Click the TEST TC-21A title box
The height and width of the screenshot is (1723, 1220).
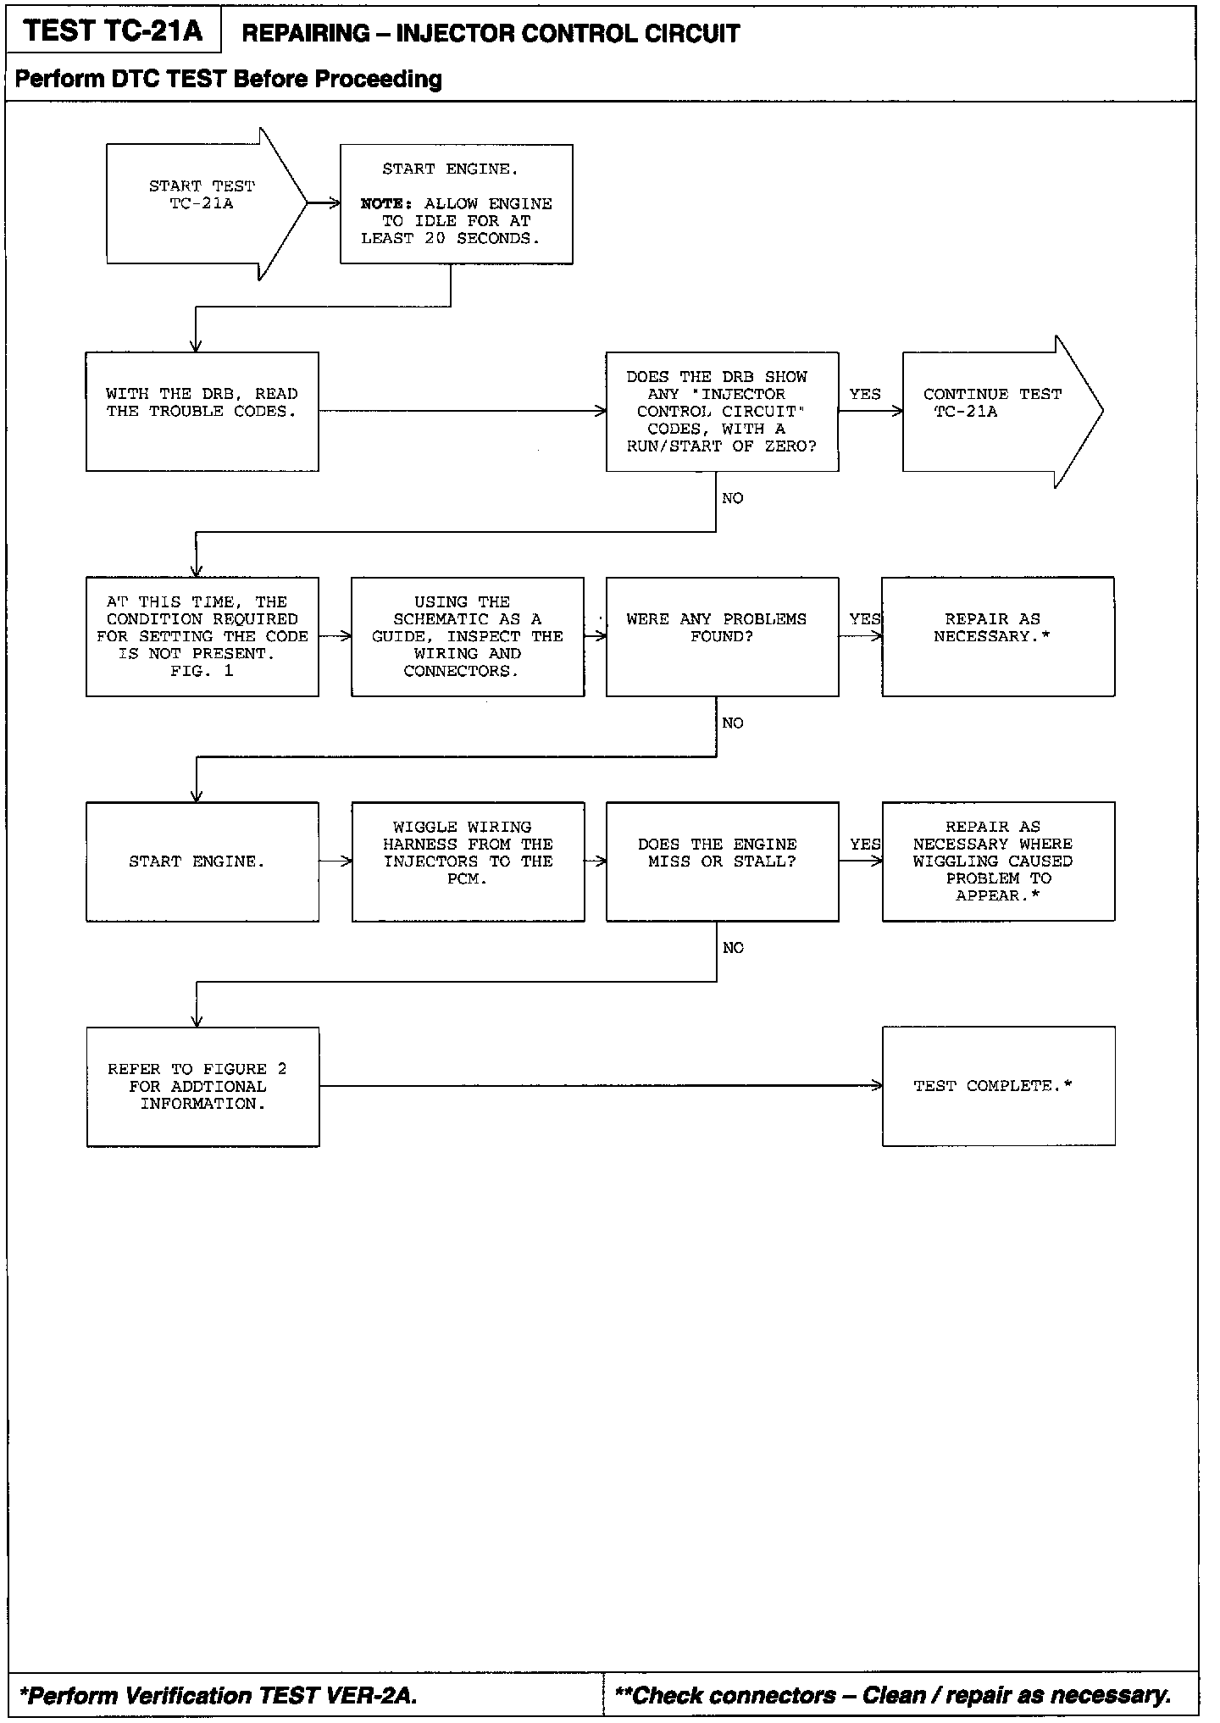coord(113,31)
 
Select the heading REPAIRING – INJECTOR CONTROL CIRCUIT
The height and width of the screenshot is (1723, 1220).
coord(491,34)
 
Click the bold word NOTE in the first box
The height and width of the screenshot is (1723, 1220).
coord(385,204)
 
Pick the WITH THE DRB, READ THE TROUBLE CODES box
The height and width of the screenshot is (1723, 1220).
coord(202,412)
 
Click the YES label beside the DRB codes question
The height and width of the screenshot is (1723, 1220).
coord(865,395)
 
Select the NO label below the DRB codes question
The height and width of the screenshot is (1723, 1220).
coord(733,498)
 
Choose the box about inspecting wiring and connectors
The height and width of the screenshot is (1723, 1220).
coord(468,637)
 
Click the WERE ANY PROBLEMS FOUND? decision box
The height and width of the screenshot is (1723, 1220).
coord(722,637)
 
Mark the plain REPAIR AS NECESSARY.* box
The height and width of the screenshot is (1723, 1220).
coord(997,637)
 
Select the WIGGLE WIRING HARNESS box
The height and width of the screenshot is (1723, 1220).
coord(468,861)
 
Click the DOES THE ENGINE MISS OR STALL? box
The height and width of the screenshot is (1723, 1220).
coord(722,861)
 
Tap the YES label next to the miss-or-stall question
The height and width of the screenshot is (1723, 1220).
coord(865,845)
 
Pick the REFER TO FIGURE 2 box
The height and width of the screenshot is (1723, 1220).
coord(202,1087)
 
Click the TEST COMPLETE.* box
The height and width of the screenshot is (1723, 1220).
coord(998,1087)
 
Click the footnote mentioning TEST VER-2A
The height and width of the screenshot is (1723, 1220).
coord(219,1695)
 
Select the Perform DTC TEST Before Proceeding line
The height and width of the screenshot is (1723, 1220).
coord(229,80)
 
